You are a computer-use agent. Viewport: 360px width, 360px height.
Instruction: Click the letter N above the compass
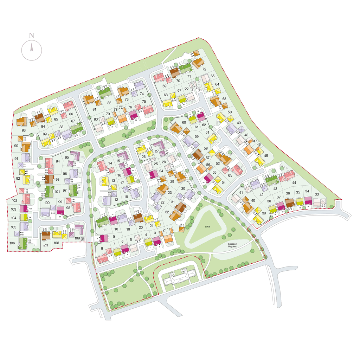[32, 35]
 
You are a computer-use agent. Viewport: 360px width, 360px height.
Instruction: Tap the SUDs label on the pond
[210, 227]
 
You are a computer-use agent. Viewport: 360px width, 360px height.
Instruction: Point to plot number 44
[294, 183]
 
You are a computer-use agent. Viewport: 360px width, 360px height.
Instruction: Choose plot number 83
[24, 130]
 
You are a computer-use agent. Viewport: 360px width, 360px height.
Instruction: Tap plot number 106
[12, 243]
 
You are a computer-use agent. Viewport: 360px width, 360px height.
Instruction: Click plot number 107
[46, 246]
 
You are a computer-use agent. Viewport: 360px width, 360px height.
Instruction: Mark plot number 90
[16, 146]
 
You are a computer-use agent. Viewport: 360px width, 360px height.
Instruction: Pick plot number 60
[184, 122]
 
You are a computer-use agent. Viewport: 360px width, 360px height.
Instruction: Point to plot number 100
[47, 203]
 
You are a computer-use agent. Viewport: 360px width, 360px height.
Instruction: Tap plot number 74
[142, 94]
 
